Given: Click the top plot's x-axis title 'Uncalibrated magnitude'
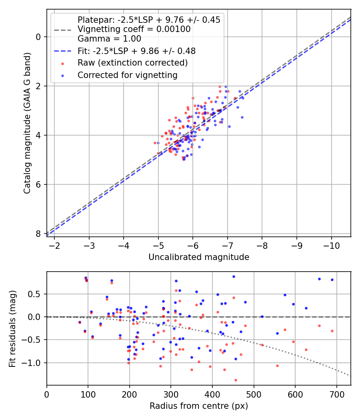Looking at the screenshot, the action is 199,257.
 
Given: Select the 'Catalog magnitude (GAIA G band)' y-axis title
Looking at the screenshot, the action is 27,123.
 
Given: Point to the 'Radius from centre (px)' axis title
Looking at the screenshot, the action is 199,406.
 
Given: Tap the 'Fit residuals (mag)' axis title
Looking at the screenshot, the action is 12,329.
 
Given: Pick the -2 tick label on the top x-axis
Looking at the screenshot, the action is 54,246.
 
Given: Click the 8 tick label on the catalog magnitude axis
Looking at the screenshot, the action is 38,234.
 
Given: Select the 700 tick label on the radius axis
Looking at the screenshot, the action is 336,394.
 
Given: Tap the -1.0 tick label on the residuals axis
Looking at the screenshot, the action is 30,363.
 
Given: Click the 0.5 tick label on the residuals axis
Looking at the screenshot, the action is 34,294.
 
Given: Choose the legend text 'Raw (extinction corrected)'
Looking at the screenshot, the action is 132,63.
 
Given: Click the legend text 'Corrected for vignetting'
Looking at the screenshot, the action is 128,75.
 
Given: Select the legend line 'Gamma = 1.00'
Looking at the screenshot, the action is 109,39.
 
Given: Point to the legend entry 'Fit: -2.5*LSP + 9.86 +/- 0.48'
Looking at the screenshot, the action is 137,51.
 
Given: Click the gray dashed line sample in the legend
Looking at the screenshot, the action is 63,30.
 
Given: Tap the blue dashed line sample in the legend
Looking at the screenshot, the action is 63,51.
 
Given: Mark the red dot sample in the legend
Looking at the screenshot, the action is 63,64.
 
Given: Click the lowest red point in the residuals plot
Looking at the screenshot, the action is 236,380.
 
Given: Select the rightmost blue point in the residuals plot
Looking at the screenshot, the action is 332,280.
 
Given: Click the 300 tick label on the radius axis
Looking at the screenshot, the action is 171,394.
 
